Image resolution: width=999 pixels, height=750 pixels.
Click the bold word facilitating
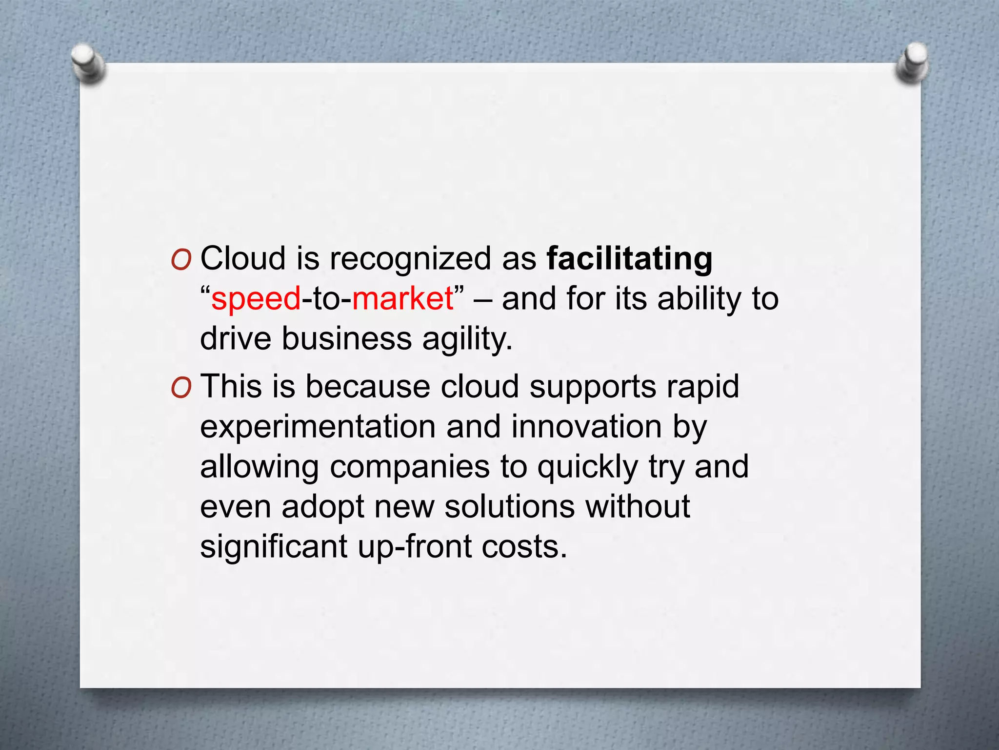629,259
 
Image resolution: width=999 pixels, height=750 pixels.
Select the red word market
403,299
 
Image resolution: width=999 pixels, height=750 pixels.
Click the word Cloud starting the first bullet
243,259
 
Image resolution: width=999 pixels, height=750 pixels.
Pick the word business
347,339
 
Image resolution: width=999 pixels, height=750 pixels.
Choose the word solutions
509,507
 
